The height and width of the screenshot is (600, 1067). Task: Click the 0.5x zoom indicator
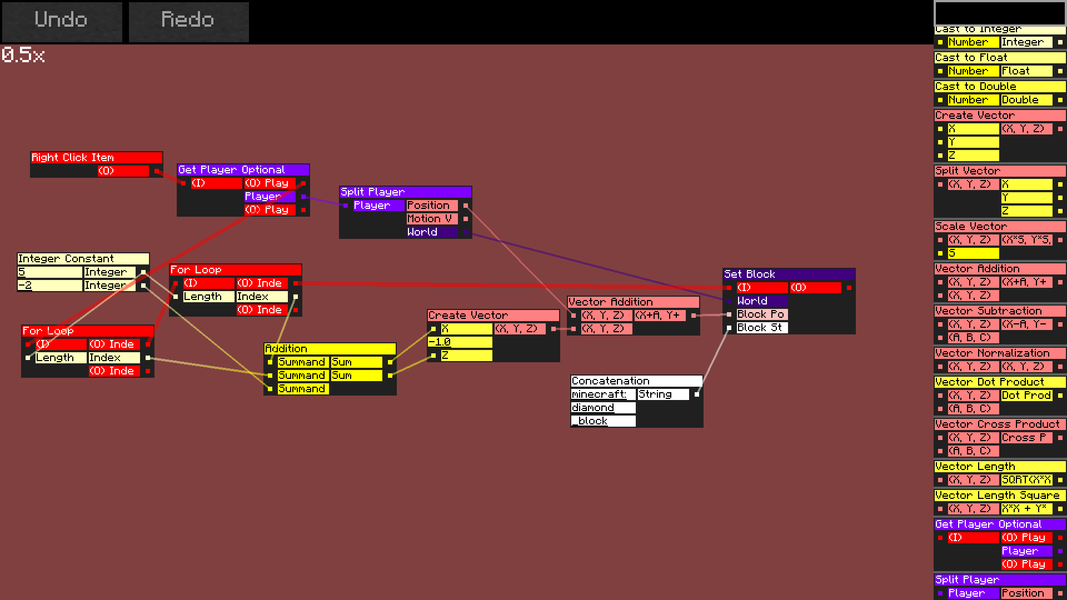(x=23, y=55)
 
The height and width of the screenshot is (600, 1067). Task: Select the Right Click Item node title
(x=96, y=158)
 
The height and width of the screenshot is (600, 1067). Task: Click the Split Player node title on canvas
(x=405, y=192)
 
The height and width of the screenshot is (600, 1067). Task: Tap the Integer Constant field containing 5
(x=49, y=272)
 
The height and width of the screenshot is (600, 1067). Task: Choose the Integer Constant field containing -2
(x=49, y=286)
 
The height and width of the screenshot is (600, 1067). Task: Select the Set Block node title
(x=789, y=274)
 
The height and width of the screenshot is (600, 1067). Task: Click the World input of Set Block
(x=761, y=301)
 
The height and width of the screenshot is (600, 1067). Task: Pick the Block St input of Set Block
(x=761, y=328)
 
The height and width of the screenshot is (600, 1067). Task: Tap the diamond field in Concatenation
(x=602, y=408)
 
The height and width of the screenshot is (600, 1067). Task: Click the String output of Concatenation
(x=663, y=394)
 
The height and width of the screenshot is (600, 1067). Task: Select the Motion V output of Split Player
(x=432, y=219)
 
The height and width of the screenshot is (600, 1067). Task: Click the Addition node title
(x=330, y=349)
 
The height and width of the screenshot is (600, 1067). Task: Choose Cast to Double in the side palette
(x=999, y=87)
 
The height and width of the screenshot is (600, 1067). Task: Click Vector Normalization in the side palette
(x=999, y=353)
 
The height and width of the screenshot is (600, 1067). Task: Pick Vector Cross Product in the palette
(x=999, y=424)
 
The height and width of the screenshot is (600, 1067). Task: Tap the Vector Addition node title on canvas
(x=633, y=302)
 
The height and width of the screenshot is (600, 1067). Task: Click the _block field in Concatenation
(x=602, y=421)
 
